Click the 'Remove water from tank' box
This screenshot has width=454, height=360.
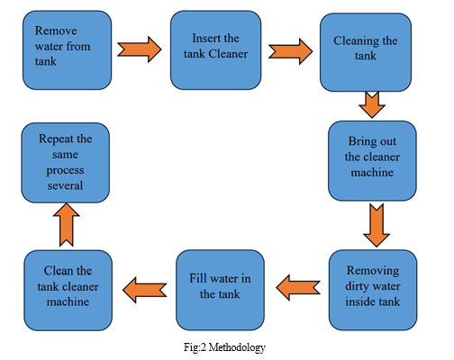coord(68,50)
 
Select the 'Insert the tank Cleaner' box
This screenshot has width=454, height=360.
coord(215,50)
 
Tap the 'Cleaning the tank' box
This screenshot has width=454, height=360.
coord(366,52)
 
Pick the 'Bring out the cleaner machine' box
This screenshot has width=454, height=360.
coord(372,161)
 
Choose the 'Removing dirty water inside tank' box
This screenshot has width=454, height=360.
coord(373,290)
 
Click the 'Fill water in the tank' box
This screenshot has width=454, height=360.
coord(220,290)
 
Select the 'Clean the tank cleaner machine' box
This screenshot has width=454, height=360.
coord(68,291)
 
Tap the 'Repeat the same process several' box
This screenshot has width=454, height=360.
coord(66,163)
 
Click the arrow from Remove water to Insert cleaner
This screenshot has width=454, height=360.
coord(140,49)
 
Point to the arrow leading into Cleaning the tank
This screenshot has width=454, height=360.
coord(290,51)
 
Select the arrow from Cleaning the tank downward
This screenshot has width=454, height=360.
coord(372,104)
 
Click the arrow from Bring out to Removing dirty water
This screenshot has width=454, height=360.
coord(377,225)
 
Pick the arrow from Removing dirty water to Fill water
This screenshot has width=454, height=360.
coord(298,287)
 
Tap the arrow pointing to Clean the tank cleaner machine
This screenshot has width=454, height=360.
coord(145,290)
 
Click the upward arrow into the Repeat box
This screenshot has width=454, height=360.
coord(67,225)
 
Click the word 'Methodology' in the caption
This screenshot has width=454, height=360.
coord(237,347)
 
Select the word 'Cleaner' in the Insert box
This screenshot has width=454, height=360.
coord(228,54)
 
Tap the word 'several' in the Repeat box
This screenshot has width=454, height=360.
coord(65,185)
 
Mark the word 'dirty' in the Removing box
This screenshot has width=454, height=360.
coord(357,286)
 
